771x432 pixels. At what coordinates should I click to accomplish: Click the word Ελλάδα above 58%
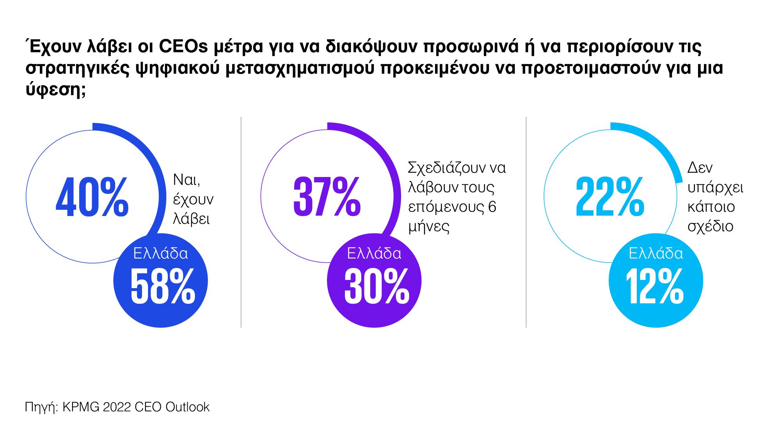160,254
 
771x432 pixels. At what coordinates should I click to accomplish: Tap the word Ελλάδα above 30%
374,254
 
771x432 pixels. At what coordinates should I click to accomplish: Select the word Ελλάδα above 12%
656,254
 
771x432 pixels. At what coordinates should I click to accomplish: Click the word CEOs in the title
183,47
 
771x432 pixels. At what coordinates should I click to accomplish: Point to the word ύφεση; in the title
55,90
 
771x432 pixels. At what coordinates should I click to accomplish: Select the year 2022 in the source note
117,407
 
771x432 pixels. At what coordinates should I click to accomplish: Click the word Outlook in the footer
187,407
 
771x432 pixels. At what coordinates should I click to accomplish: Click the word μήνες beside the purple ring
429,227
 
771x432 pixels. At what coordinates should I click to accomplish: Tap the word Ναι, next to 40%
187,180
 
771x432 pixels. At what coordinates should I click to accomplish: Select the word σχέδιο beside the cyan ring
710,227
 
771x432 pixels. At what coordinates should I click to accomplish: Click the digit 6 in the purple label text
492,207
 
